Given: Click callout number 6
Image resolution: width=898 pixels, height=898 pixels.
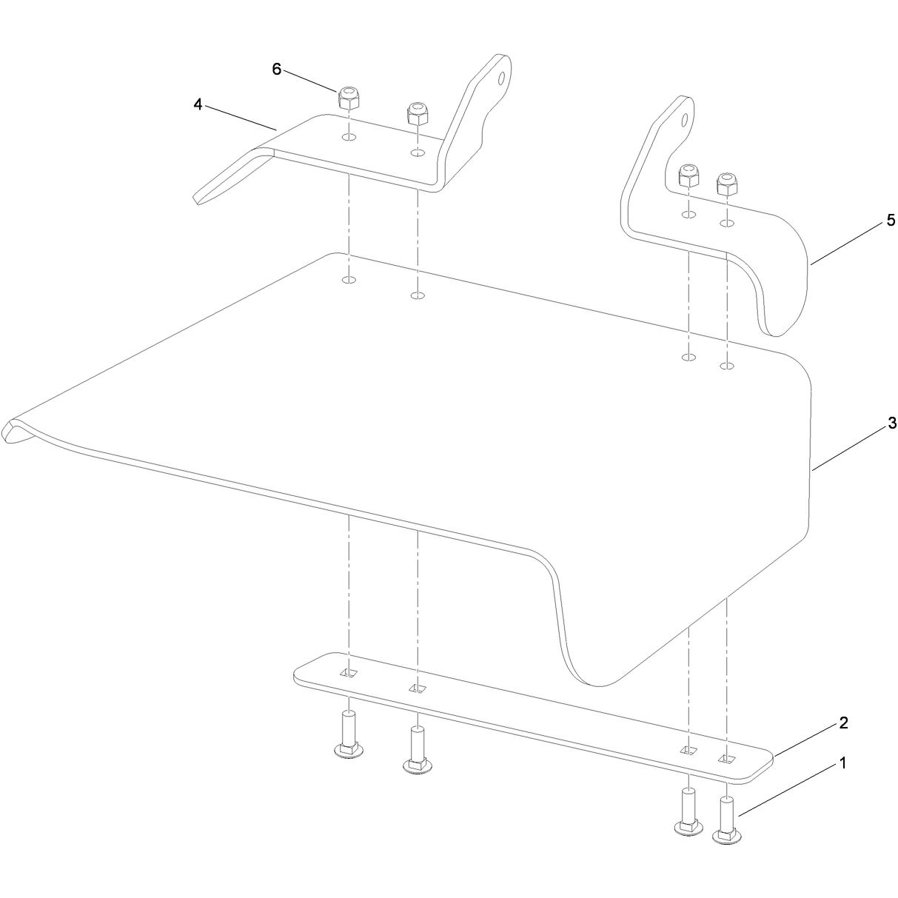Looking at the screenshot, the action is tap(277, 70).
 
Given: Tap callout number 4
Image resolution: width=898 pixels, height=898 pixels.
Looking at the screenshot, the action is tap(198, 105).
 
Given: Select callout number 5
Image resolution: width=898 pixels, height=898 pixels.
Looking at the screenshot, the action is tap(891, 220).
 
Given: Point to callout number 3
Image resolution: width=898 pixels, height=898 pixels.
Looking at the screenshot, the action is tap(891, 423).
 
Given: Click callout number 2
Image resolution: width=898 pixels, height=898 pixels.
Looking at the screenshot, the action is tap(843, 723).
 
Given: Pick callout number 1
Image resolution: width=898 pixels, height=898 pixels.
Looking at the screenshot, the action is tap(842, 763).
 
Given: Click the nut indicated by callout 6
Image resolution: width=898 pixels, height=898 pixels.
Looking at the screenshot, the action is tap(348, 98).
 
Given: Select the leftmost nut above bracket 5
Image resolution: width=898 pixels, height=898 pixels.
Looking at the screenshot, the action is tap(688, 175).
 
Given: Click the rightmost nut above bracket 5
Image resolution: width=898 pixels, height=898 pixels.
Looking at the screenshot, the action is tap(726, 184).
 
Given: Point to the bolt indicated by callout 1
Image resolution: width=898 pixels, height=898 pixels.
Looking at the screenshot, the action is tap(727, 820).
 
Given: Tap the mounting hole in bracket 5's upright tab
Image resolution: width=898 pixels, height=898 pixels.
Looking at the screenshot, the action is tap(683, 120).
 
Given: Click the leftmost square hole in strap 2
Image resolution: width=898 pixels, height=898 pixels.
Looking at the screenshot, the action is tap(349, 672).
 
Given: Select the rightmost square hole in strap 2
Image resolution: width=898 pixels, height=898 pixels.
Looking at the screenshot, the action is tap(726, 759).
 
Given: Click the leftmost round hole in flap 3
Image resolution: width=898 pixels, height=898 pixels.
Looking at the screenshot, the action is tap(349, 280).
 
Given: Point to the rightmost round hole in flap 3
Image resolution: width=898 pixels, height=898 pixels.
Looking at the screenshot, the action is tap(727, 366).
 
